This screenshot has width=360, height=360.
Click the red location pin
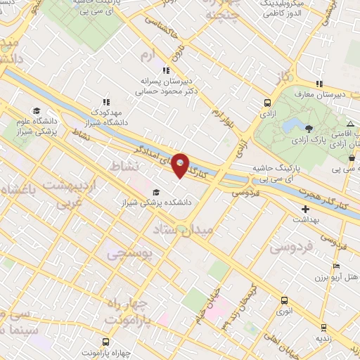tap(181, 165)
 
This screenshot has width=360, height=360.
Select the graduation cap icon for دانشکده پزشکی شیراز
tap(155, 192)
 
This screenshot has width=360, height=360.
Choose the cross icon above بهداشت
tap(305, 209)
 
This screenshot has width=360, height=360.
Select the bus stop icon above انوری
tap(283, 298)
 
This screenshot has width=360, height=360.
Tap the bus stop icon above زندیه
tap(323, 327)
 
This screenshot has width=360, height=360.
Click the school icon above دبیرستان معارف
tap(320, 84)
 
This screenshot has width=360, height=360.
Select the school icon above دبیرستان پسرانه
tap(166, 70)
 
